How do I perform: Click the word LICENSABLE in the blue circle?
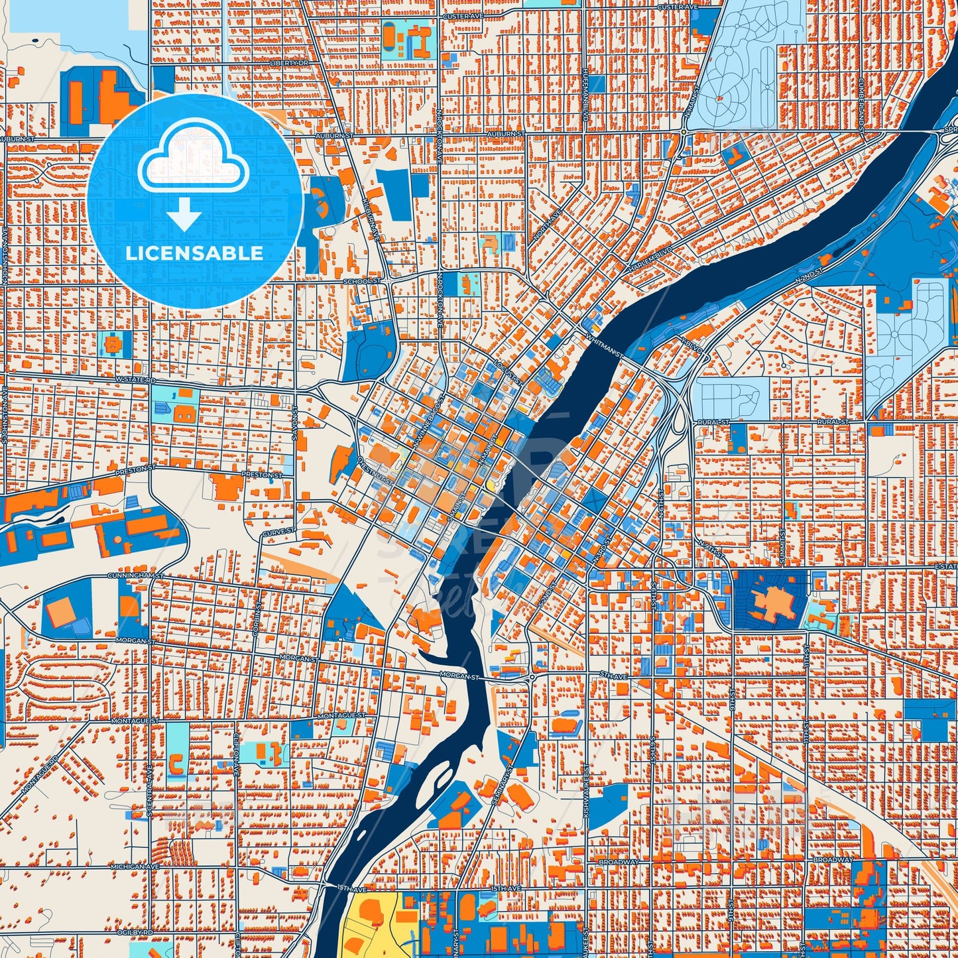(x=195, y=253)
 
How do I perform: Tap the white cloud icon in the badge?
(x=193, y=162)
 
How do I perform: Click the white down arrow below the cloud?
(x=185, y=214)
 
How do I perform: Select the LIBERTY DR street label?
(x=290, y=62)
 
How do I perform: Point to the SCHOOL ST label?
(x=363, y=281)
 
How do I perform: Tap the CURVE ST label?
(x=278, y=532)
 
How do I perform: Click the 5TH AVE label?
(x=613, y=676)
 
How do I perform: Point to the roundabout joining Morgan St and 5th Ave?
(x=532, y=677)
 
